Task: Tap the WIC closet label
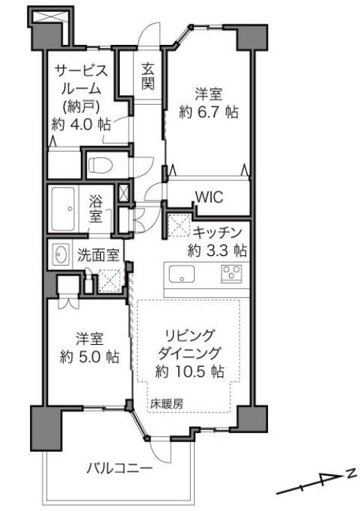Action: (x=209, y=197)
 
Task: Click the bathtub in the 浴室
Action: (x=63, y=209)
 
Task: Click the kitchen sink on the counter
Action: (x=182, y=274)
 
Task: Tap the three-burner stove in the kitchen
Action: (x=232, y=273)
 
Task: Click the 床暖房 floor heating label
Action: (x=167, y=404)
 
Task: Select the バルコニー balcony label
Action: (x=119, y=469)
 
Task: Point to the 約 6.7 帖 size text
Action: (x=208, y=112)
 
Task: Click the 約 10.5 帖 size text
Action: (x=189, y=371)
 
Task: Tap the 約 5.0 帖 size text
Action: (x=89, y=357)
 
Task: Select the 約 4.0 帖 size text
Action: (x=81, y=124)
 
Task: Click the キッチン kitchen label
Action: (x=217, y=233)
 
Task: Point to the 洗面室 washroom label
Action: (x=98, y=255)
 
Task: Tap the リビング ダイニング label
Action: (x=189, y=344)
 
